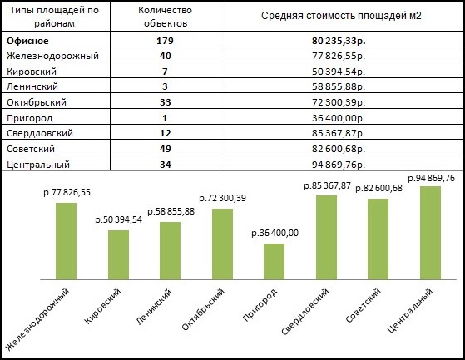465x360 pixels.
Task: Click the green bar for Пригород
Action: pyautogui.click(x=274, y=262)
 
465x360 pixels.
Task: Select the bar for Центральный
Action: pyautogui.click(x=430, y=233)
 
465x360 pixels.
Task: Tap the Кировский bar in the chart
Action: pyautogui.click(x=118, y=254)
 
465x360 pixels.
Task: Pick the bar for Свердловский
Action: pyautogui.click(x=327, y=237)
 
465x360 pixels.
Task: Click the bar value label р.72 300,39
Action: pyautogui.click(x=222, y=198)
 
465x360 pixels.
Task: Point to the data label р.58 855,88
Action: pyautogui.click(x=171, y=211)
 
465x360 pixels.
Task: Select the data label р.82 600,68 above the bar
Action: pyautogui.click(x=378, y=188)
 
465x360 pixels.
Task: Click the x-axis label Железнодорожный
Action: pyautogui.click(x=38, y=318)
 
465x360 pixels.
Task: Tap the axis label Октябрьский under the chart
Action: pyautogui.click(x=203, y=309)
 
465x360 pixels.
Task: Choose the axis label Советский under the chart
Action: pyautogui.click(x=363, y=305)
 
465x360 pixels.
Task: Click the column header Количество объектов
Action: pyautogui.click(x=166, y=17)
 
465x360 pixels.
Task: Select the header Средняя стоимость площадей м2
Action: pyautogui.click(x=341, y=16)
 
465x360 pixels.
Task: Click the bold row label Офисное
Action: pyautogui.click(x=27, y=41)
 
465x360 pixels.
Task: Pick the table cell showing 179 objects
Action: pyautogui.click(x=165, y=41)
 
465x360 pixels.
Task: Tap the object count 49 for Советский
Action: pyautogui.click(x=166, y=149)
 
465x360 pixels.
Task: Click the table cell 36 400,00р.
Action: pyautogui.click(x=339, y=118)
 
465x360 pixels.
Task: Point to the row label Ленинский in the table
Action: pyautogui.click(x=32, y=86)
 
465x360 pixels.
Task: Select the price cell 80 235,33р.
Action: pyautogui.click(x=339, y=41)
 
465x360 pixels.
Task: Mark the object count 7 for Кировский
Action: pyautogui.click(x=165, y=72)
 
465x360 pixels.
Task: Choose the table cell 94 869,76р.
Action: pyautogui.click(x=339, y=165)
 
